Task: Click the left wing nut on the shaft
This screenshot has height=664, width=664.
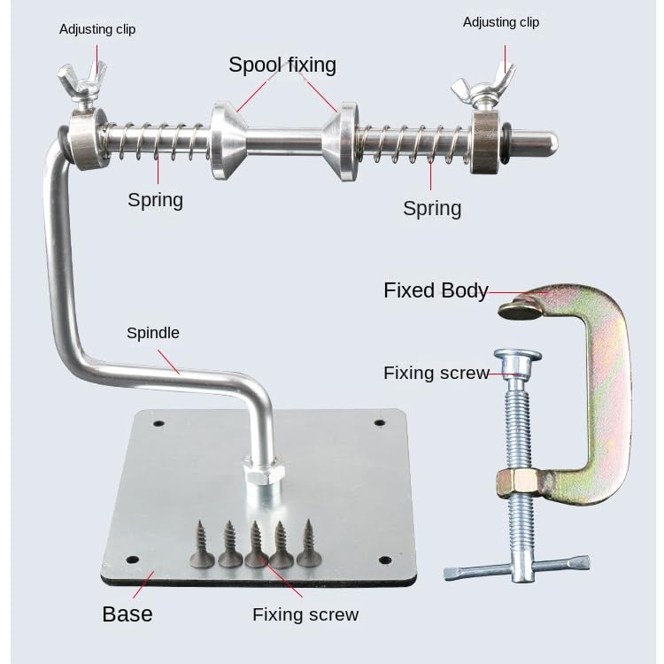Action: point(81,81)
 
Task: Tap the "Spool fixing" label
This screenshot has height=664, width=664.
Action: point(282,65)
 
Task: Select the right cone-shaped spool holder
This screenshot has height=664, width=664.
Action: point(342,141)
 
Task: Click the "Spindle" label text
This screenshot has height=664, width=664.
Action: point(153,333)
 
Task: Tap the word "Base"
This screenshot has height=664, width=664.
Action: point(127,614)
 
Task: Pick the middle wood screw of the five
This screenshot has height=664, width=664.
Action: point(256,544)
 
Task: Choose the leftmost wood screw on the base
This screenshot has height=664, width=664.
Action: point(203,544)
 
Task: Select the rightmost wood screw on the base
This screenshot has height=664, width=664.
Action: point(309,544)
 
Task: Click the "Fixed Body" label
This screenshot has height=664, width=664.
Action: point(436,290)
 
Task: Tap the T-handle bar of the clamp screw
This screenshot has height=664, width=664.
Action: point(517,568)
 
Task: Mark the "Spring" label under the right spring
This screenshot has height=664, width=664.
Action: point(432,208)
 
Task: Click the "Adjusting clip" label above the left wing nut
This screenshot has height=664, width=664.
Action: point(97,29)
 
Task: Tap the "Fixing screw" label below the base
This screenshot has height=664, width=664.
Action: point(305,614)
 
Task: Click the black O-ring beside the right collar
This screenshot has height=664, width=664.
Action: point(506,143)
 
